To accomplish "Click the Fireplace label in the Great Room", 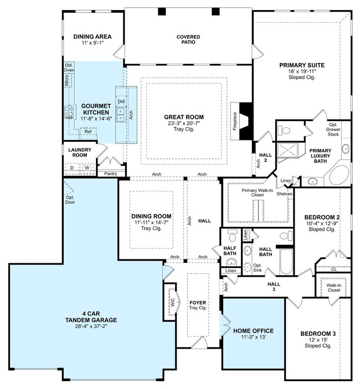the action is [x=235, y=121].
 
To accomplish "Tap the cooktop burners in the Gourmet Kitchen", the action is [x=69, y=112].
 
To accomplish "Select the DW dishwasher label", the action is [x=121, y=102].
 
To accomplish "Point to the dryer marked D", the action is [x=72, y=168].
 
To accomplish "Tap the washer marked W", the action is [x=87, y=168].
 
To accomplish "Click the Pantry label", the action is [x=110, y=174].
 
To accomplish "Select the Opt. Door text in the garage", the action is [x=70, y=200].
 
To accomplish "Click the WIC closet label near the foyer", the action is [x=173, y=302].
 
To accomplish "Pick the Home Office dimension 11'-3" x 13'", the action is [x=254, y=337].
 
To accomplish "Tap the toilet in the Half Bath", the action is [x=233, y=236].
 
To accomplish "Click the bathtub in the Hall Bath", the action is [x=286, y=262].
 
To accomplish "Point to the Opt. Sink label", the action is [x=258, y=268].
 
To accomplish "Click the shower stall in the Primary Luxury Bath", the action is [x=287, y=150].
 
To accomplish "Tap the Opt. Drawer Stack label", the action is [x=333, y=129].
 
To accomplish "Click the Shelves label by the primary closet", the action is [x=285, y=194].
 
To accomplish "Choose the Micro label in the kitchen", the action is [x=66, y=80].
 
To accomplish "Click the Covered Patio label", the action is [x=188, y=39].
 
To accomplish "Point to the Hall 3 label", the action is [x=274, y=287].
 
